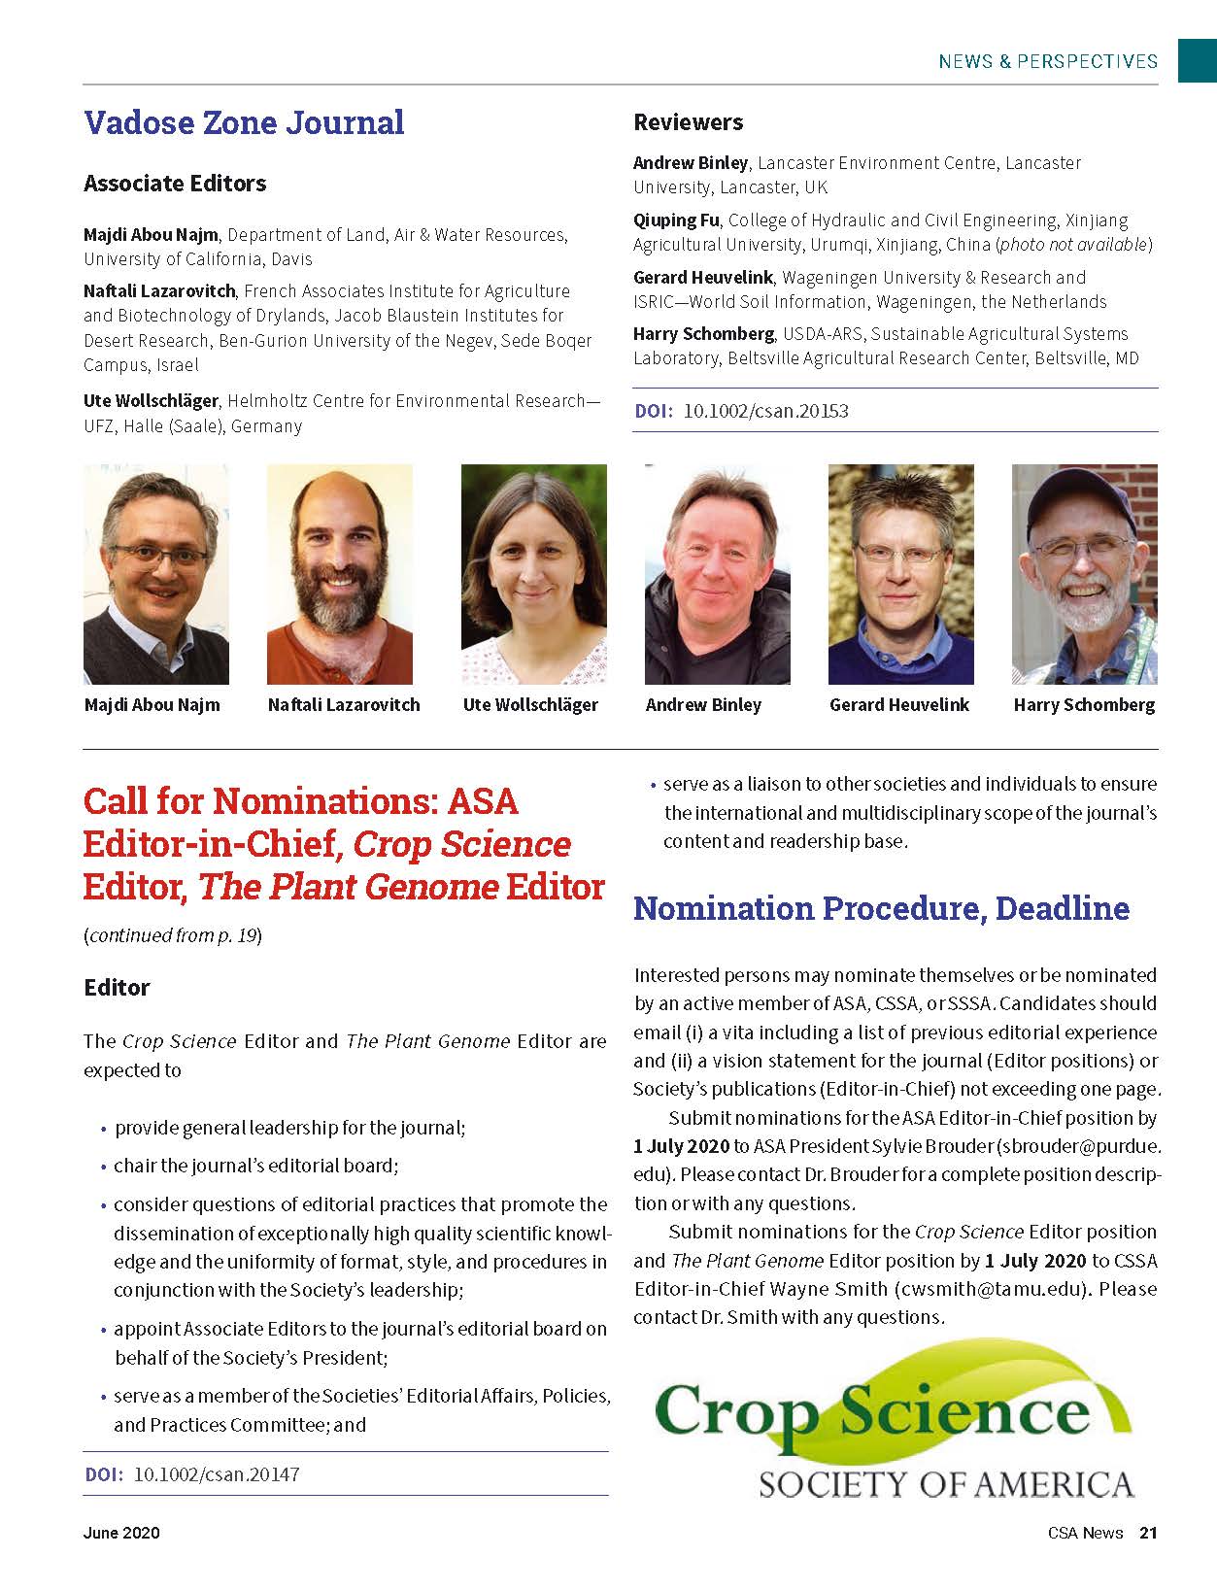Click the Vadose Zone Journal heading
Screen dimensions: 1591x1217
[x=244, y=122]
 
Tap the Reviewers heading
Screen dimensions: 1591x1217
[x=688, y=122]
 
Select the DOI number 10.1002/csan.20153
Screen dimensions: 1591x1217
[x=765, y=411]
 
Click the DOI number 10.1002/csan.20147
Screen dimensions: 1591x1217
[x=216, y=1474]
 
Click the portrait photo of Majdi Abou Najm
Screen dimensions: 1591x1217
[x=156, y=574]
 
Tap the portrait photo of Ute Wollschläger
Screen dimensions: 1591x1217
[x=533, y=574]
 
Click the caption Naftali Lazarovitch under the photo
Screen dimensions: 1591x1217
[x=344, y=705]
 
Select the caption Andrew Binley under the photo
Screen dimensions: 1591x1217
[x=703, y=705]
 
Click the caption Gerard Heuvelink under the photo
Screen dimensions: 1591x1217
[x=898, y=705]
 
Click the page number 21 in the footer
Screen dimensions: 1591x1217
[x=1148, y=1533]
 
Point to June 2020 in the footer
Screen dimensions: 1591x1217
[x=121, y=1533]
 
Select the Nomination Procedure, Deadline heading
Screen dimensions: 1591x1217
[x=881, y=908]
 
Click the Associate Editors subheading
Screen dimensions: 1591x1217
[x=175, y=184]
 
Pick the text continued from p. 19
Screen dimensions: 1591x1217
[x=173, y=935]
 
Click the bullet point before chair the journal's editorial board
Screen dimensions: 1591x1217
[x=103, y=1167]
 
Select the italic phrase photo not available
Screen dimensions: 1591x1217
[x=1073, y=245]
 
